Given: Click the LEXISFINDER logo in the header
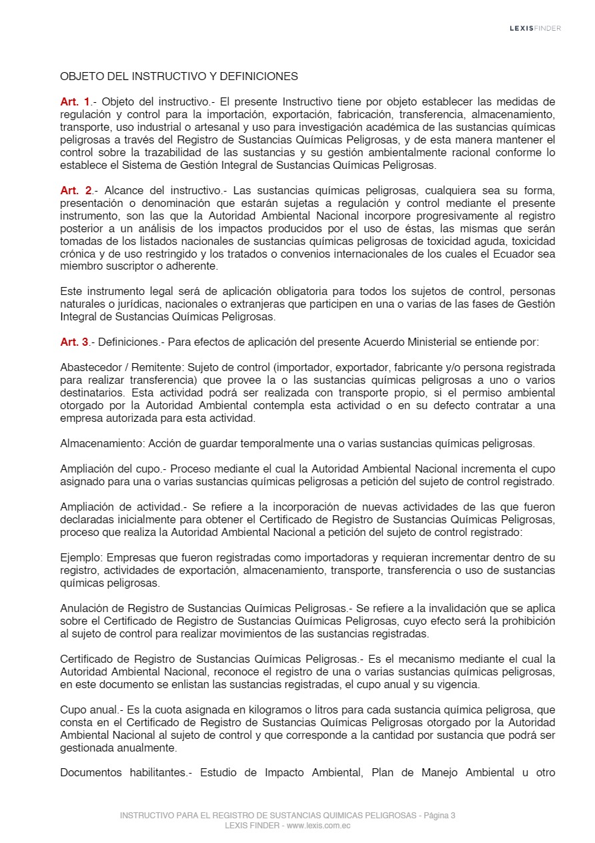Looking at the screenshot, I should [x=535, y=28].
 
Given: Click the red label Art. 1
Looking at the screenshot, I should [x=75, y=102].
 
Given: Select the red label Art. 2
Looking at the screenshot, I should [x=75, y=191].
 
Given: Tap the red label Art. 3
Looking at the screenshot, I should [x=75, y=342].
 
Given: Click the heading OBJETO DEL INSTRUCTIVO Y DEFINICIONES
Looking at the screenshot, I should [x=179, y=77].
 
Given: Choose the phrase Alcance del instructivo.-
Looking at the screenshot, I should [x=156, y=191].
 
